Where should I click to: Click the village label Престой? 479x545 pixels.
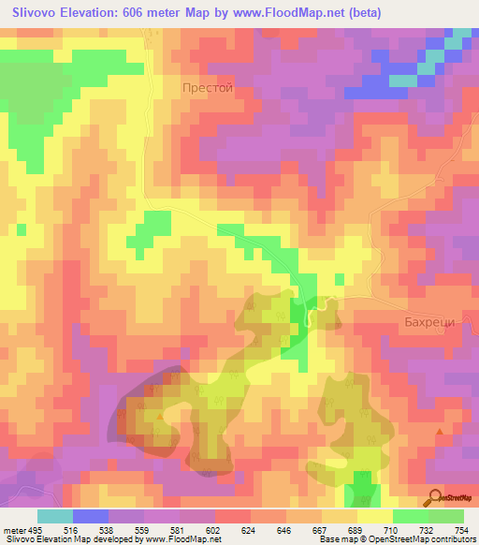pos(206,87)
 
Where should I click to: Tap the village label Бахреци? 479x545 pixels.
pos(429,321)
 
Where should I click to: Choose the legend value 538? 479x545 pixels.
pos(106,531)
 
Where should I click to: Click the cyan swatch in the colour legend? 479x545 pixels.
pos(55,517)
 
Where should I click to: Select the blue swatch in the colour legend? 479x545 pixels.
pos(91,517)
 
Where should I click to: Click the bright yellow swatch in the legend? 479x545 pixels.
pos(375,517)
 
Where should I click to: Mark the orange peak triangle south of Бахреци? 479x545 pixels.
pos(441,432)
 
